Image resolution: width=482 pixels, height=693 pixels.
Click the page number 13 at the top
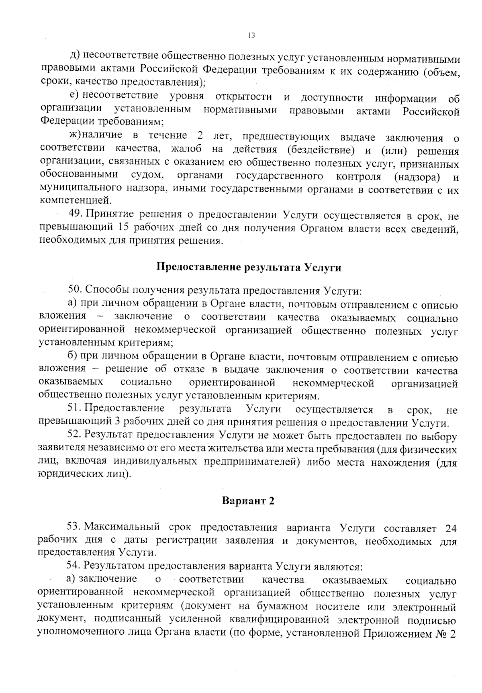[251, 36]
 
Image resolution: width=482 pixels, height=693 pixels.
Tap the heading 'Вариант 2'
[248, 501]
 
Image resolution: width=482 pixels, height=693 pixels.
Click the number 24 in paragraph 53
[451, 527]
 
